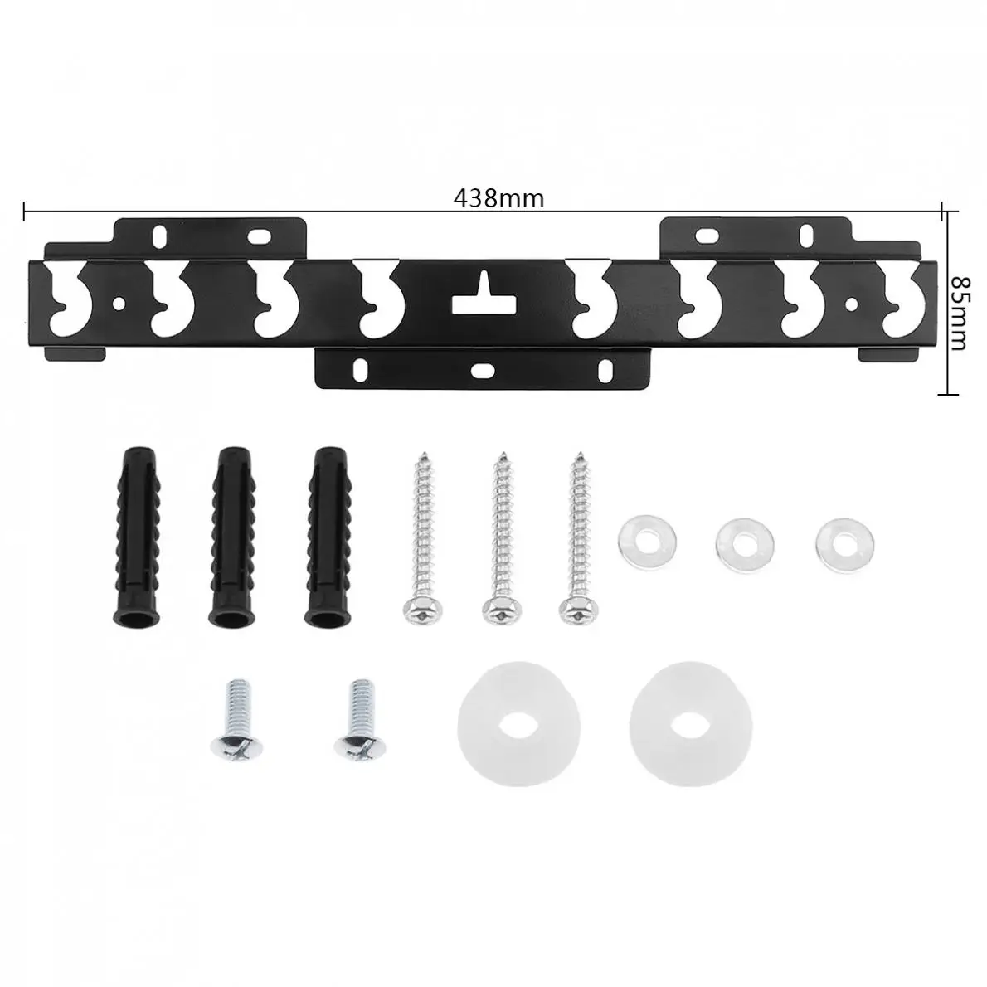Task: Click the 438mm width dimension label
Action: pos(498,199)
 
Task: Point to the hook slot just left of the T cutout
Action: pos(376,299)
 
